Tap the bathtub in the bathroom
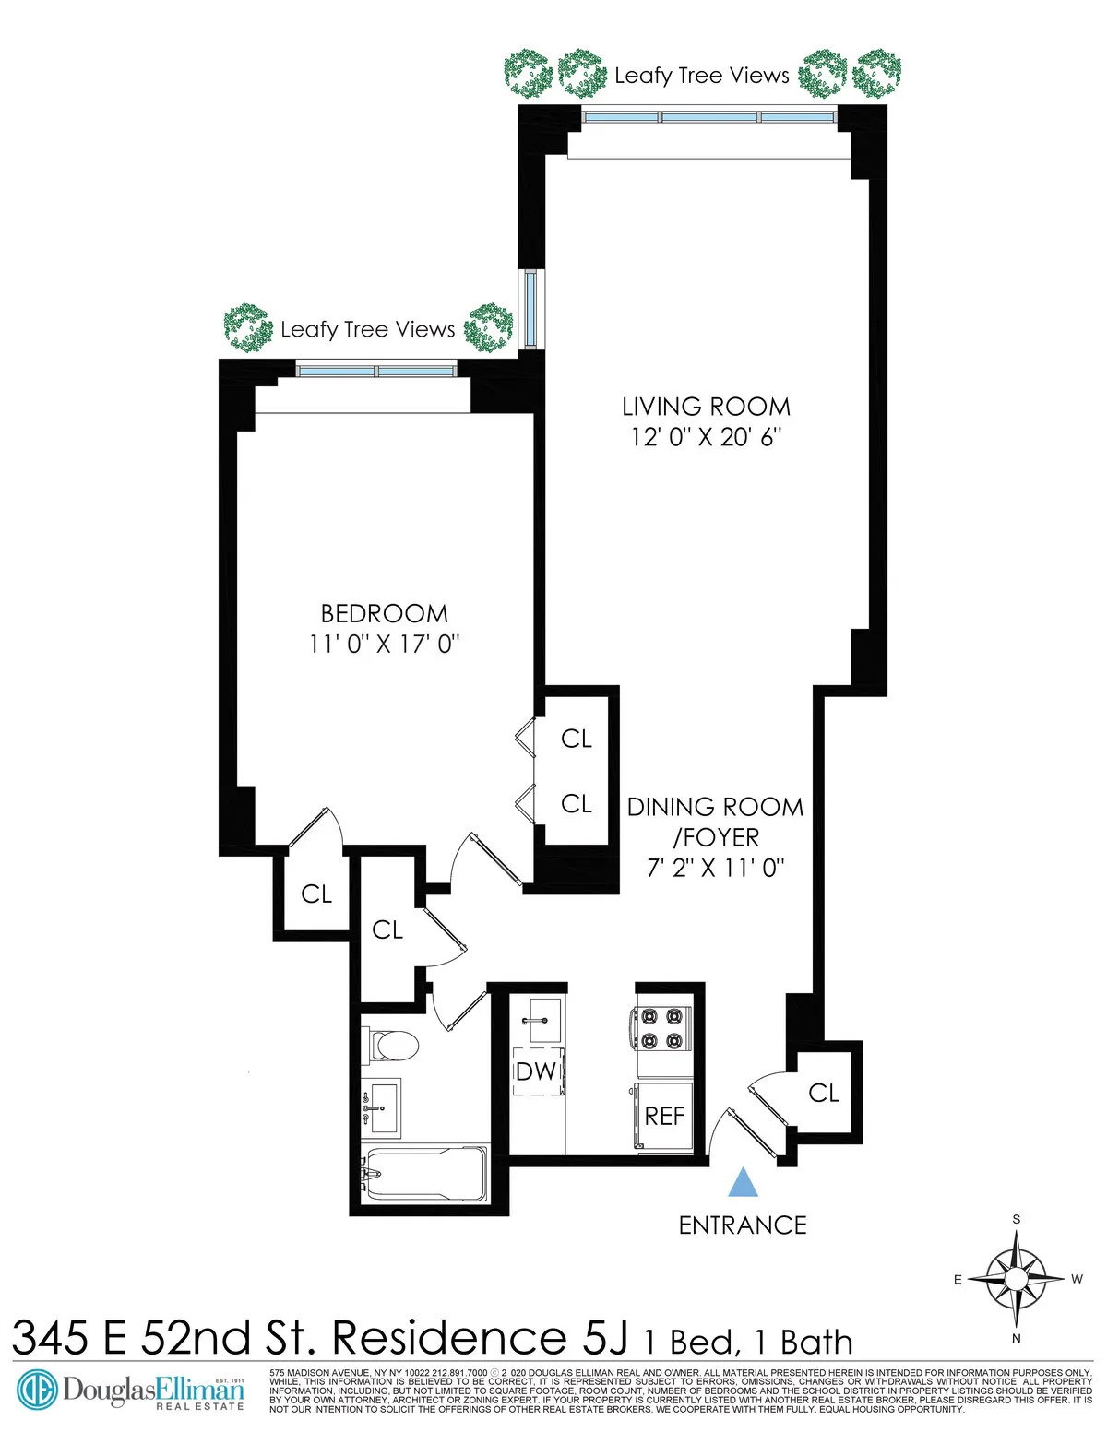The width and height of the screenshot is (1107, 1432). point(425,1173)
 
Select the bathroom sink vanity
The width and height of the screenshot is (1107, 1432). point(381,1107)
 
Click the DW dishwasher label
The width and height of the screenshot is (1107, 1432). point(536,1071)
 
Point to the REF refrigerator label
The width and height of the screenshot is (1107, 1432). point(664,1117)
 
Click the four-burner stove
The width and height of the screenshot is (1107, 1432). point(661,1028)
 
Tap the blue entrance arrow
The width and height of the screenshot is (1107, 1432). point(744,1183)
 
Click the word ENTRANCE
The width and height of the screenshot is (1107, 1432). point(743,1225)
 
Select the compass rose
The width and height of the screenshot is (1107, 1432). point(1017,1279)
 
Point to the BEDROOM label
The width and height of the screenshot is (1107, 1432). point(385,614)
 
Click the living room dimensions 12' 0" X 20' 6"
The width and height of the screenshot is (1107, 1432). point(706,437)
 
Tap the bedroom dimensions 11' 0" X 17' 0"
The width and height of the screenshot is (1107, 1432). point(385,644)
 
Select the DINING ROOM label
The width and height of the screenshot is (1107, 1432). point(715,808)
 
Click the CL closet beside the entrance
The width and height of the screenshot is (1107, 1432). point(824,1094)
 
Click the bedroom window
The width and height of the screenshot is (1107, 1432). point(376,371)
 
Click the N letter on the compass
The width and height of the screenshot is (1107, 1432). point(1017,1338)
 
